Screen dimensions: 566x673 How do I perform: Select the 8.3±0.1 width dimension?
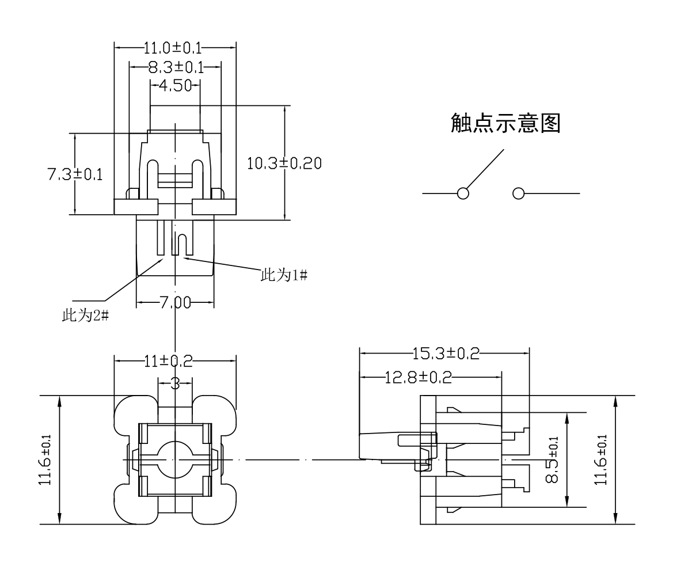(x=176, y=67)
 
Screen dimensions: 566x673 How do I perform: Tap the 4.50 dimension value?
(x=175, y=86)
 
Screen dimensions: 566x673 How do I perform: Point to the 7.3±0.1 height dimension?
(x=75, y=174)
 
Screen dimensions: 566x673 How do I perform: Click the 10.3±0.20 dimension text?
(x=284, y=163)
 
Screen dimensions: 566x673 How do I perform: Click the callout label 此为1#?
(x=284, y=275)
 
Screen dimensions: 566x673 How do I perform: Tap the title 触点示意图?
(x=505, y=123)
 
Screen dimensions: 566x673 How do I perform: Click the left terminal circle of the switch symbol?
(x=462, y=193)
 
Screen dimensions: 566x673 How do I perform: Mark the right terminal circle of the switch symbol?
(x=518, y=193)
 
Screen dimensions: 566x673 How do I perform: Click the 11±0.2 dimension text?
(x=168, y=361)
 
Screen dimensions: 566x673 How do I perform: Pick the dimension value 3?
(x=174, y=383)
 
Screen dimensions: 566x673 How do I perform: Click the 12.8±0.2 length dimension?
(x=418, y=378)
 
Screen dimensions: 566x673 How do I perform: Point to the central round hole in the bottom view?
(x=174, y=459)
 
